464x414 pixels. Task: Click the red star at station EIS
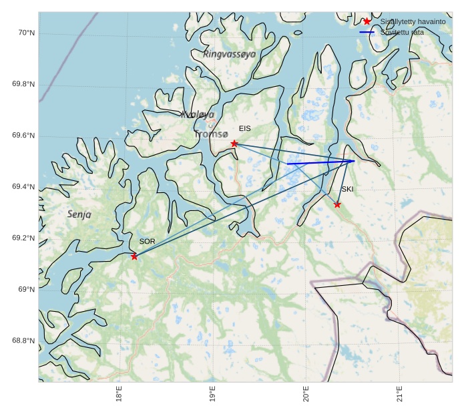[x=234, y=144]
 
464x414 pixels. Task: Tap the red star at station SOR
[x=134, y=256]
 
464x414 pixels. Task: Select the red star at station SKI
[x=337, y=204]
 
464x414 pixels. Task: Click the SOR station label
[x=147, y=241]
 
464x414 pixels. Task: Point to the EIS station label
[x=245, y=128]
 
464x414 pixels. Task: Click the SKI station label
[x=347, y=190]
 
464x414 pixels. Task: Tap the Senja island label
[x=79, y=214]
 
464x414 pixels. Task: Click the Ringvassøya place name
[x=230, y=54]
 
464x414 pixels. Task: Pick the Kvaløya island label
[x=198, y=115]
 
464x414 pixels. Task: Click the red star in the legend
[x=367, y=21]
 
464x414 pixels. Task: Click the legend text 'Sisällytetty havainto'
[x=413, y=21]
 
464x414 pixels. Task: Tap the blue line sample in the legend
[x=367, y=32]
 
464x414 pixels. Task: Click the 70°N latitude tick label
[x=25, y=33]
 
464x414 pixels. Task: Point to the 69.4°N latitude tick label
[x=23, y=187]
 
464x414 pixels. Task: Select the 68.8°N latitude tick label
[x=23, y=341]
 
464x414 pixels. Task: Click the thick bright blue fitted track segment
[x=320, y=162]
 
